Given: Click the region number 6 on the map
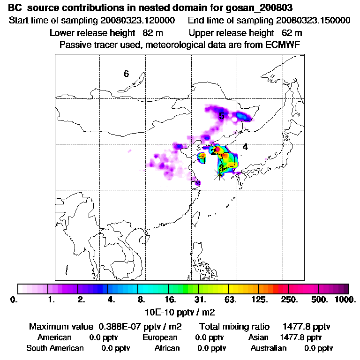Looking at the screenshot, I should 126,74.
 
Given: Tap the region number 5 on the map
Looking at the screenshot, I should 221,116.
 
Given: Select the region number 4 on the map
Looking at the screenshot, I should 245,147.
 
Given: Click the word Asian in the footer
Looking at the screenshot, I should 258,337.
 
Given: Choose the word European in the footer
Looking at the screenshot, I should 160,337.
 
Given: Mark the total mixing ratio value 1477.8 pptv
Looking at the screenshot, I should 302,326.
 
